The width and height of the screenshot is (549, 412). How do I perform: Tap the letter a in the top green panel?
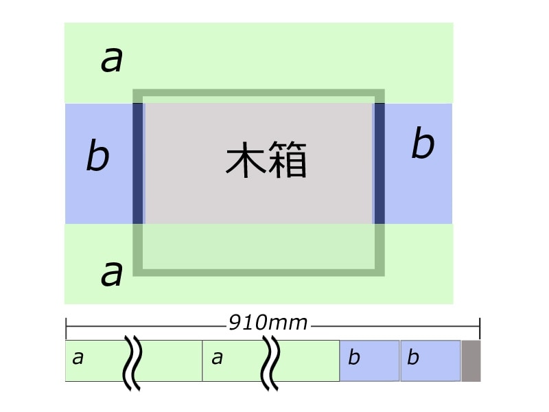112,60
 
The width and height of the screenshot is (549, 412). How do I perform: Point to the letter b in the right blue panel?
423,145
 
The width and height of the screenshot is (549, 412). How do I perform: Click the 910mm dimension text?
268,322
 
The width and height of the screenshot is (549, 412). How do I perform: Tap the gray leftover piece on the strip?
470,360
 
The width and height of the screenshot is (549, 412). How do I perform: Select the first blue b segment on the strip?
369,360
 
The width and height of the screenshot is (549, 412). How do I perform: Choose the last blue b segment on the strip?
430,360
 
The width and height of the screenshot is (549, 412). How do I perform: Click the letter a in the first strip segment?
78,358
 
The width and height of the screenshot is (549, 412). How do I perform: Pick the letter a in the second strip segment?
217,358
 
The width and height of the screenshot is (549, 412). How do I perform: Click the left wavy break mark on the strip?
131,362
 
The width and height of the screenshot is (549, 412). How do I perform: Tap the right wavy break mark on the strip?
270,362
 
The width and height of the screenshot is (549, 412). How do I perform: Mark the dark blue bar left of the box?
138,163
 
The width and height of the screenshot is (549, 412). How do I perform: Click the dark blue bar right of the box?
379,163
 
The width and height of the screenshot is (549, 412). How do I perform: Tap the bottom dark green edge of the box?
258,272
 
